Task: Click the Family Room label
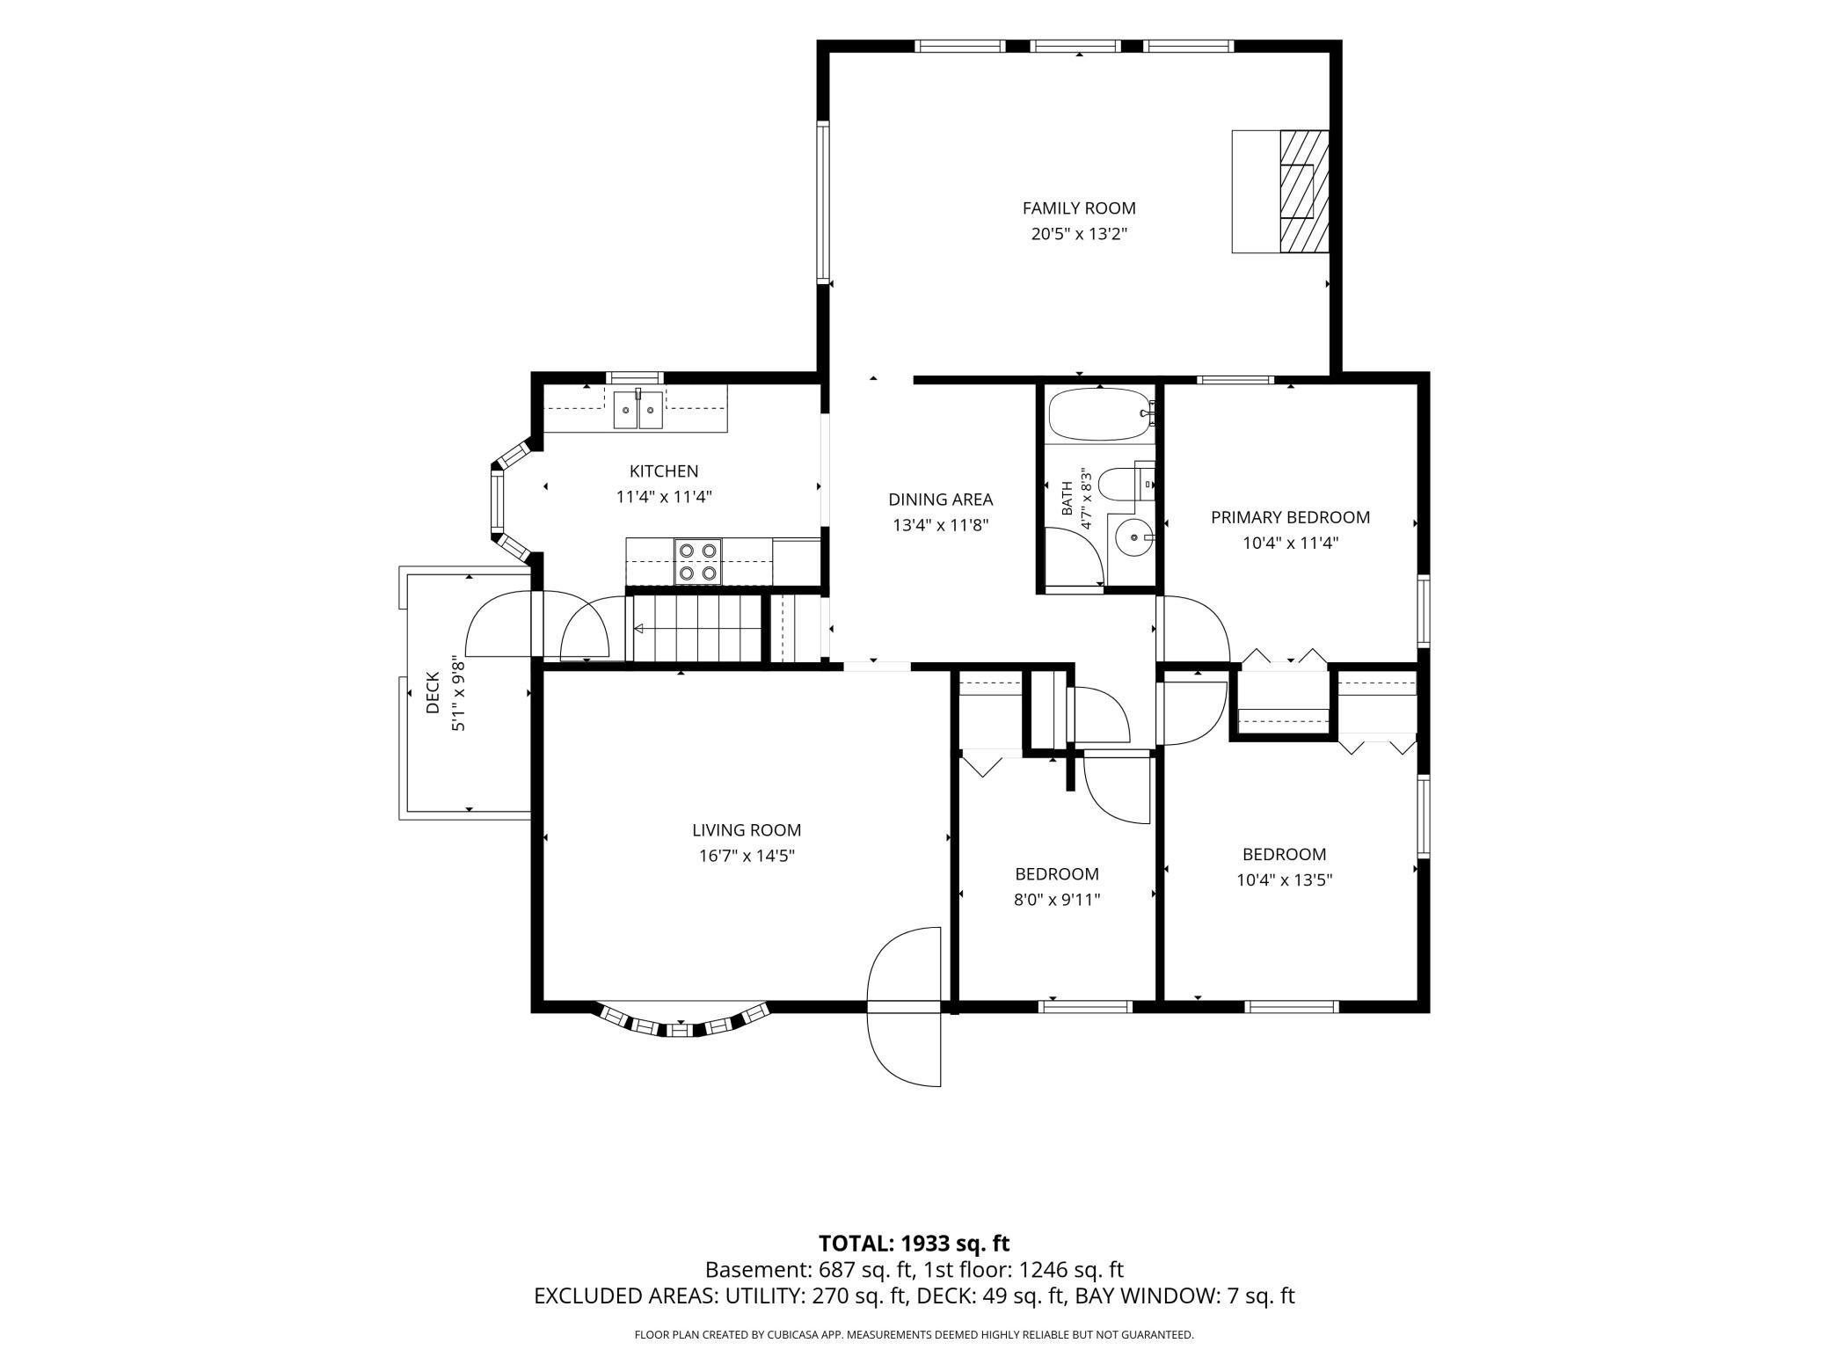(x=1079, y=208)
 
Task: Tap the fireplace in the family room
(x=1280, y=192)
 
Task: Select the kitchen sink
(x=638, y=409)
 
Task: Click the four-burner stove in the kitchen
(x=697, y=562)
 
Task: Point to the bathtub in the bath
(x=1099, y=414)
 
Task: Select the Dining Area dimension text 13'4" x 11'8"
(x=940, y=526)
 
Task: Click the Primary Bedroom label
(x=1290, y=517)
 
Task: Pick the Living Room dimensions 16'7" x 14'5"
(x=746, y=856)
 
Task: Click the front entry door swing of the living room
(x=905, y=1006)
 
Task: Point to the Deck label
(x=433, y=693)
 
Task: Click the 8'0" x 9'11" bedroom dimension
(x=1057, y=900)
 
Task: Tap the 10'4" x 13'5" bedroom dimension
(x=1284, y=879)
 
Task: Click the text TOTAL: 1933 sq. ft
(x=914, y=1243)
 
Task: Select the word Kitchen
(x=664, y=471)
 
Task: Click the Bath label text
(x=1067, y=498)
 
